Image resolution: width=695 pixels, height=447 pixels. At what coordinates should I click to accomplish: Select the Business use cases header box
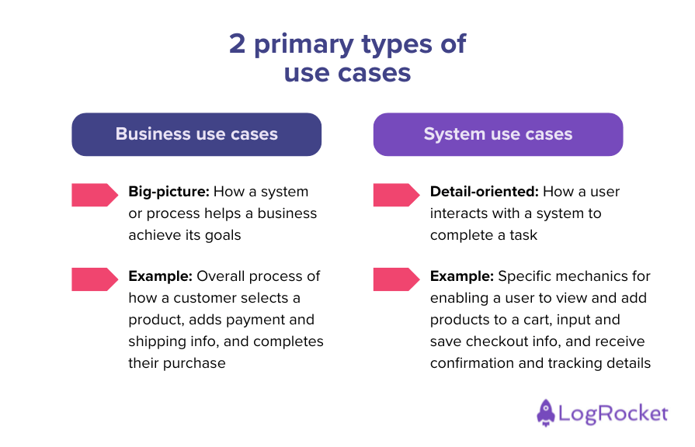click(x=196, y=134)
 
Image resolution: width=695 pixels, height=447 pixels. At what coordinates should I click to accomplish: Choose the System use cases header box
click(x=498, y=134)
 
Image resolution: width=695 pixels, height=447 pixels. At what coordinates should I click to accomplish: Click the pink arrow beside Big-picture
click(x=94, y=195)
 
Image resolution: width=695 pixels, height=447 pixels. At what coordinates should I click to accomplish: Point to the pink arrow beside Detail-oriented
click(x=395, y=195)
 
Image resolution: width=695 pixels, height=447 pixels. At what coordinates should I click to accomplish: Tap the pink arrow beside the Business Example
click(x=94, y=279)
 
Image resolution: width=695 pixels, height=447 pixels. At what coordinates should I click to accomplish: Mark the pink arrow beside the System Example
click(x=395, y=279)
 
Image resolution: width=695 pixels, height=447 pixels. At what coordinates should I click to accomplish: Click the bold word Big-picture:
click(x=169, y=192)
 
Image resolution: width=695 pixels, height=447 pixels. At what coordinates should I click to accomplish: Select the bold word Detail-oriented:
click(x=484, y=192)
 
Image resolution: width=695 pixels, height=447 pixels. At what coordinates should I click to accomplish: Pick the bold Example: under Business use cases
click(x=160, y=276)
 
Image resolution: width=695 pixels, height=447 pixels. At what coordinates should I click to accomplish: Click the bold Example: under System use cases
click(x=461, y=276)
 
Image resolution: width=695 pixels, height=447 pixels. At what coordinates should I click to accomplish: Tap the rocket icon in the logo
click(x=546, y=413)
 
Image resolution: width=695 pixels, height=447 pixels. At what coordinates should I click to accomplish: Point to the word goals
click(x=223, y=235)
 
